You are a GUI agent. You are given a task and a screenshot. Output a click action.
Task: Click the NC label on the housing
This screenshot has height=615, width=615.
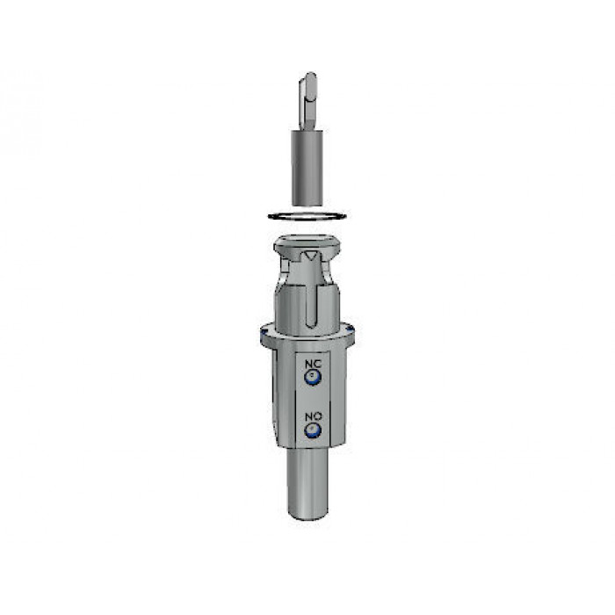point(313,364)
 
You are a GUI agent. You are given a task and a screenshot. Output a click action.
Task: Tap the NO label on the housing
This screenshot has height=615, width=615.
point(314,416)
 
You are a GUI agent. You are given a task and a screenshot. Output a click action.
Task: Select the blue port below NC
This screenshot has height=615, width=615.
point(313,377)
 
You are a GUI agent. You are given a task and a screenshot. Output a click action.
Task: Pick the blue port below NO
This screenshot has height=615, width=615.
point(313,430)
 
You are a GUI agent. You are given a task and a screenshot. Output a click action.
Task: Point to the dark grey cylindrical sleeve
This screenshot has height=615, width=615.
point(307,168)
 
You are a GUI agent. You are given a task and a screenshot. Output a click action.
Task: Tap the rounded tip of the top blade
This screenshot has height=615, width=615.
point(310,76)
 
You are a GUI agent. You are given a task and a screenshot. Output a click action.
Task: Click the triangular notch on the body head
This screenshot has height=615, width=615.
point(311,256)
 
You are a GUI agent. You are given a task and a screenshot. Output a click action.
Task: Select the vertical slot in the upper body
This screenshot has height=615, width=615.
point(311,306)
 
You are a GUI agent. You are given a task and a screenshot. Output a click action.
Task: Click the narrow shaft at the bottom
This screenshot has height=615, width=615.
point(307,483)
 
